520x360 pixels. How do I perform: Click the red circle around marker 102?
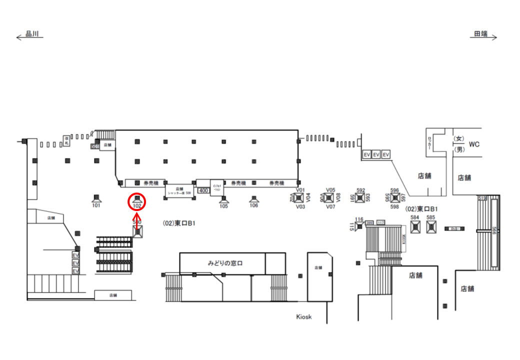137,201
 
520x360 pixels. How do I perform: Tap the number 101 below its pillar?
96,205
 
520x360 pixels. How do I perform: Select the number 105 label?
223,206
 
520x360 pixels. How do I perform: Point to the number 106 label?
254,205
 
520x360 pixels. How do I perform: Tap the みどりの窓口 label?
225,262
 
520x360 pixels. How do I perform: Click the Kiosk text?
303,316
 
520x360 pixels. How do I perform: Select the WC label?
474,144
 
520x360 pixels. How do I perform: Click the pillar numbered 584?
414,227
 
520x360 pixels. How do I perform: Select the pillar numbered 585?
431,227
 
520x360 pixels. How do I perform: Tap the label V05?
330,190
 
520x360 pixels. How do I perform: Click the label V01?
300,190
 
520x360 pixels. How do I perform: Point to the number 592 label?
360,190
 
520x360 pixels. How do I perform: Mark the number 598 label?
394,206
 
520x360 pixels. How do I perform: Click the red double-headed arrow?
137,219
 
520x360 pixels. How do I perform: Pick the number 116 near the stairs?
359,219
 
